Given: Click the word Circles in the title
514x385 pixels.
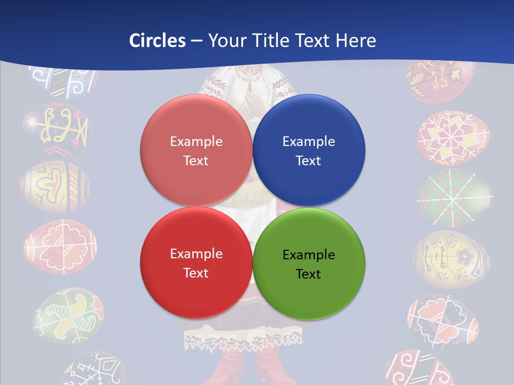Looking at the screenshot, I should tap(157, 41).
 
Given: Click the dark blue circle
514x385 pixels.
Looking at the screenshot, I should tap(308, 151).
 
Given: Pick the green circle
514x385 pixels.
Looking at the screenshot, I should tap(308, 264).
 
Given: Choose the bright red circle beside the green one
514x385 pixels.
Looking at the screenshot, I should tap(196, 263).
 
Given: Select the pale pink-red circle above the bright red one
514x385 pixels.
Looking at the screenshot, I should tap(196, 151).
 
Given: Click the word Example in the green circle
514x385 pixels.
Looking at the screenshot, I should tap(308, 255).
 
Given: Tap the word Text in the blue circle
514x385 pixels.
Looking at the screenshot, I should tap(308, 160).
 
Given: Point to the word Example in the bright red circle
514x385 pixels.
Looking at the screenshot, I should tap(196, 253).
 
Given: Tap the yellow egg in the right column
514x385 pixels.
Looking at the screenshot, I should tap(451, 259).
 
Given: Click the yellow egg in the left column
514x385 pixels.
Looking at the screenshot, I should tap(54, 187).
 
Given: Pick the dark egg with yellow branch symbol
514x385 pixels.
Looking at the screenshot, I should tap(56, 128).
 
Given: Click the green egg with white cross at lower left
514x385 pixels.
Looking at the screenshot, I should tap(68, 315).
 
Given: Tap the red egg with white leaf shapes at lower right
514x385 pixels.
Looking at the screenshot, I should tap(443, 319).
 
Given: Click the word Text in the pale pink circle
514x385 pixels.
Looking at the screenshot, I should tap(196, 160).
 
